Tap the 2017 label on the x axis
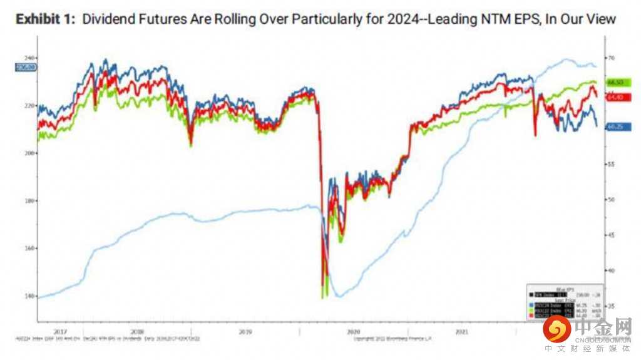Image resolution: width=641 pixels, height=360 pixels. pos(60,331)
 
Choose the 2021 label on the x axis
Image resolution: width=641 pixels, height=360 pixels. pos(461,331)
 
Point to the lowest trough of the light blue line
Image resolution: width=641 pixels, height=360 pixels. pos(339,296)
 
